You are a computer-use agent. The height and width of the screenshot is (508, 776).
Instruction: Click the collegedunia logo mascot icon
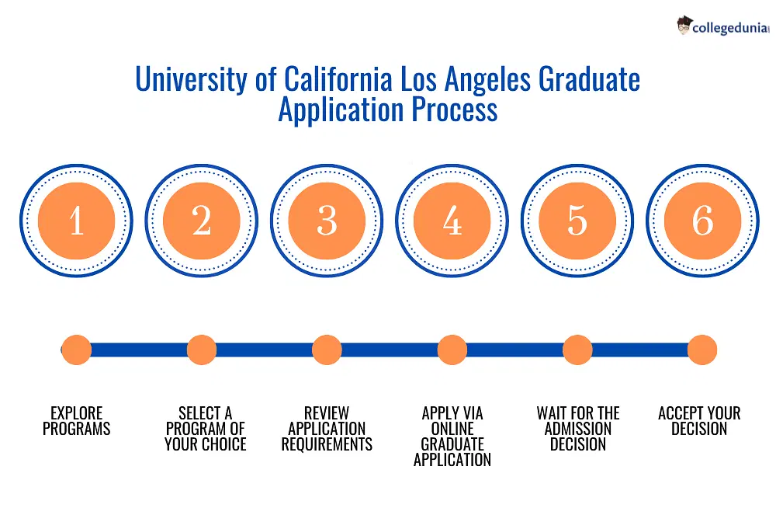(x=684, y=26)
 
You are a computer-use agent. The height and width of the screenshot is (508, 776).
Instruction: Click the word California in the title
(x=338, y=79)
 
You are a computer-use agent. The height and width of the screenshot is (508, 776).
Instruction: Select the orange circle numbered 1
(x=76, y=221)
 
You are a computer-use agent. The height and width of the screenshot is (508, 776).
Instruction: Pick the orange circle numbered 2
(x=202, y=221)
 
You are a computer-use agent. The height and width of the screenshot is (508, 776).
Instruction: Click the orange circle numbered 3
(x=327, y=221)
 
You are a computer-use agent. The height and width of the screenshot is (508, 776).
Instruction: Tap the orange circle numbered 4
(x=452, y=221)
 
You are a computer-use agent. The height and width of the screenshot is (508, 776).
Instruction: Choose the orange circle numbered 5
(x=577, y=221)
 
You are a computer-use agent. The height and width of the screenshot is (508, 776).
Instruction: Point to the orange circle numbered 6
(x=702, y=221)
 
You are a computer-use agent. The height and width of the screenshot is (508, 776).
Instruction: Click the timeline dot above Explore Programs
(x=76, y=350)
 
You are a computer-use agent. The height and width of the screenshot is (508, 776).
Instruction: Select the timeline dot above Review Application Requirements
(x=327, y=350)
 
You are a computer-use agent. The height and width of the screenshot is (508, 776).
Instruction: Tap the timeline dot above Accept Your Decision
(x=702, y=350)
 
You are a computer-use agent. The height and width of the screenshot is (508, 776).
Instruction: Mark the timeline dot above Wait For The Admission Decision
(x=577, y=350)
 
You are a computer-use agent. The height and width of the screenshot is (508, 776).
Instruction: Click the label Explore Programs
(x=76, y=421)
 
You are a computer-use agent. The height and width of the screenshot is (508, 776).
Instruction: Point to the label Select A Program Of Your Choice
(x=206, y=429)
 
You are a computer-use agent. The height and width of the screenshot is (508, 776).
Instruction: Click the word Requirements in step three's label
(x=327, y=444)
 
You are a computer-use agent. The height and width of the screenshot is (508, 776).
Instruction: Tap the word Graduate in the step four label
(x=452, y=444)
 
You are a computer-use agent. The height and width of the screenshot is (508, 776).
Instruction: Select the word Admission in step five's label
(x=578, y=429)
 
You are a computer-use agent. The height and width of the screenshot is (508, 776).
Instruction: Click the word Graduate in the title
(x=590, y=79)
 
